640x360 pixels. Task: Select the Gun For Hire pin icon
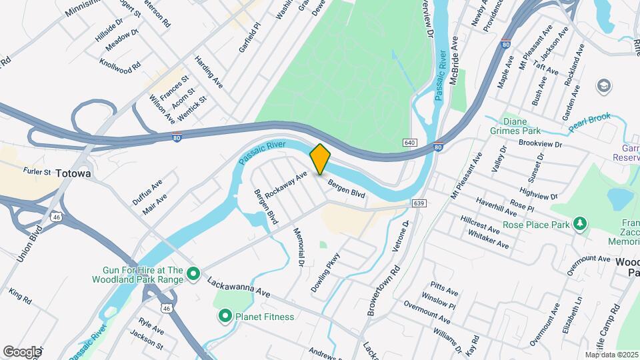(x=193, y=273)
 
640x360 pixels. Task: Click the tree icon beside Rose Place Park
(x=581, y=224)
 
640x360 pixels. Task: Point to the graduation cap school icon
(x=604, y=86)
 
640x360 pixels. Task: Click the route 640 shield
(x=409, y=143)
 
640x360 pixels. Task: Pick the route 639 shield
(x=419, y=203)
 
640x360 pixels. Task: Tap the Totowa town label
(x=73, y=173)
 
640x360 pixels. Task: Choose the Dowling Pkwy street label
(x=325, y=272)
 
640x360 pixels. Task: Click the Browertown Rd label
(x=387, y=289)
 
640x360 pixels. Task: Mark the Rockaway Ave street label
(x=285, y=185)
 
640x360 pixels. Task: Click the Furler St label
(x=37, y=171)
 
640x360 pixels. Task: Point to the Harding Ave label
(x=209, y=72)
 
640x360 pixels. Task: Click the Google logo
(x=22, y=351)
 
